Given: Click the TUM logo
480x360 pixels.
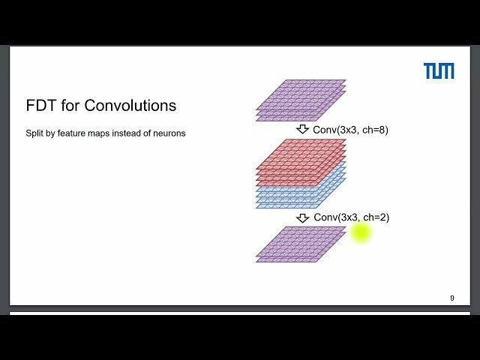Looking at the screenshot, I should point(439,71).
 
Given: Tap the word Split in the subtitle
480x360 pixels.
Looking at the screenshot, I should point(34,133).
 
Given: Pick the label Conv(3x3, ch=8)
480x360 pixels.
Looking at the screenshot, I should point(350,130).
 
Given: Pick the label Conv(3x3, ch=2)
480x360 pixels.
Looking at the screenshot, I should point(351,217).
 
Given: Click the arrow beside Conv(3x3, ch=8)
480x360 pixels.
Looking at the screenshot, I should point(302,129).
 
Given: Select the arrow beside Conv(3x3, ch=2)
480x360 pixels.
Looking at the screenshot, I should point(302,217).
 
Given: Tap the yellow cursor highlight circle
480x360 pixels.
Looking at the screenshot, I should point(361,232).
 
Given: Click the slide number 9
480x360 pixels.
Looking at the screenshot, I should point(451,298).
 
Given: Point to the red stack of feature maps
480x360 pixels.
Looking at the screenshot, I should point(301,160).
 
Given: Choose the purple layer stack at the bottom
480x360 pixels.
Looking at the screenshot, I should point(301,244).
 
